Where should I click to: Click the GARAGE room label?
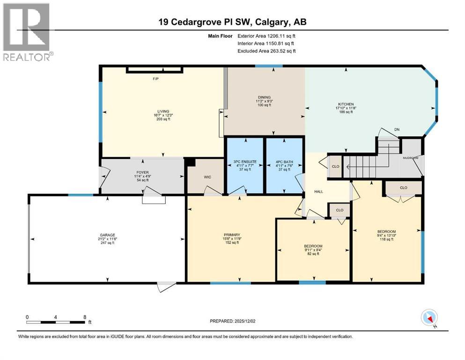(x=107, y=235)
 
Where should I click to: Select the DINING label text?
(x=263, y=97)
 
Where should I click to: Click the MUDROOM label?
(x=411, y=158)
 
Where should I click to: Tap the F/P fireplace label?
(x=156, y=78)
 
